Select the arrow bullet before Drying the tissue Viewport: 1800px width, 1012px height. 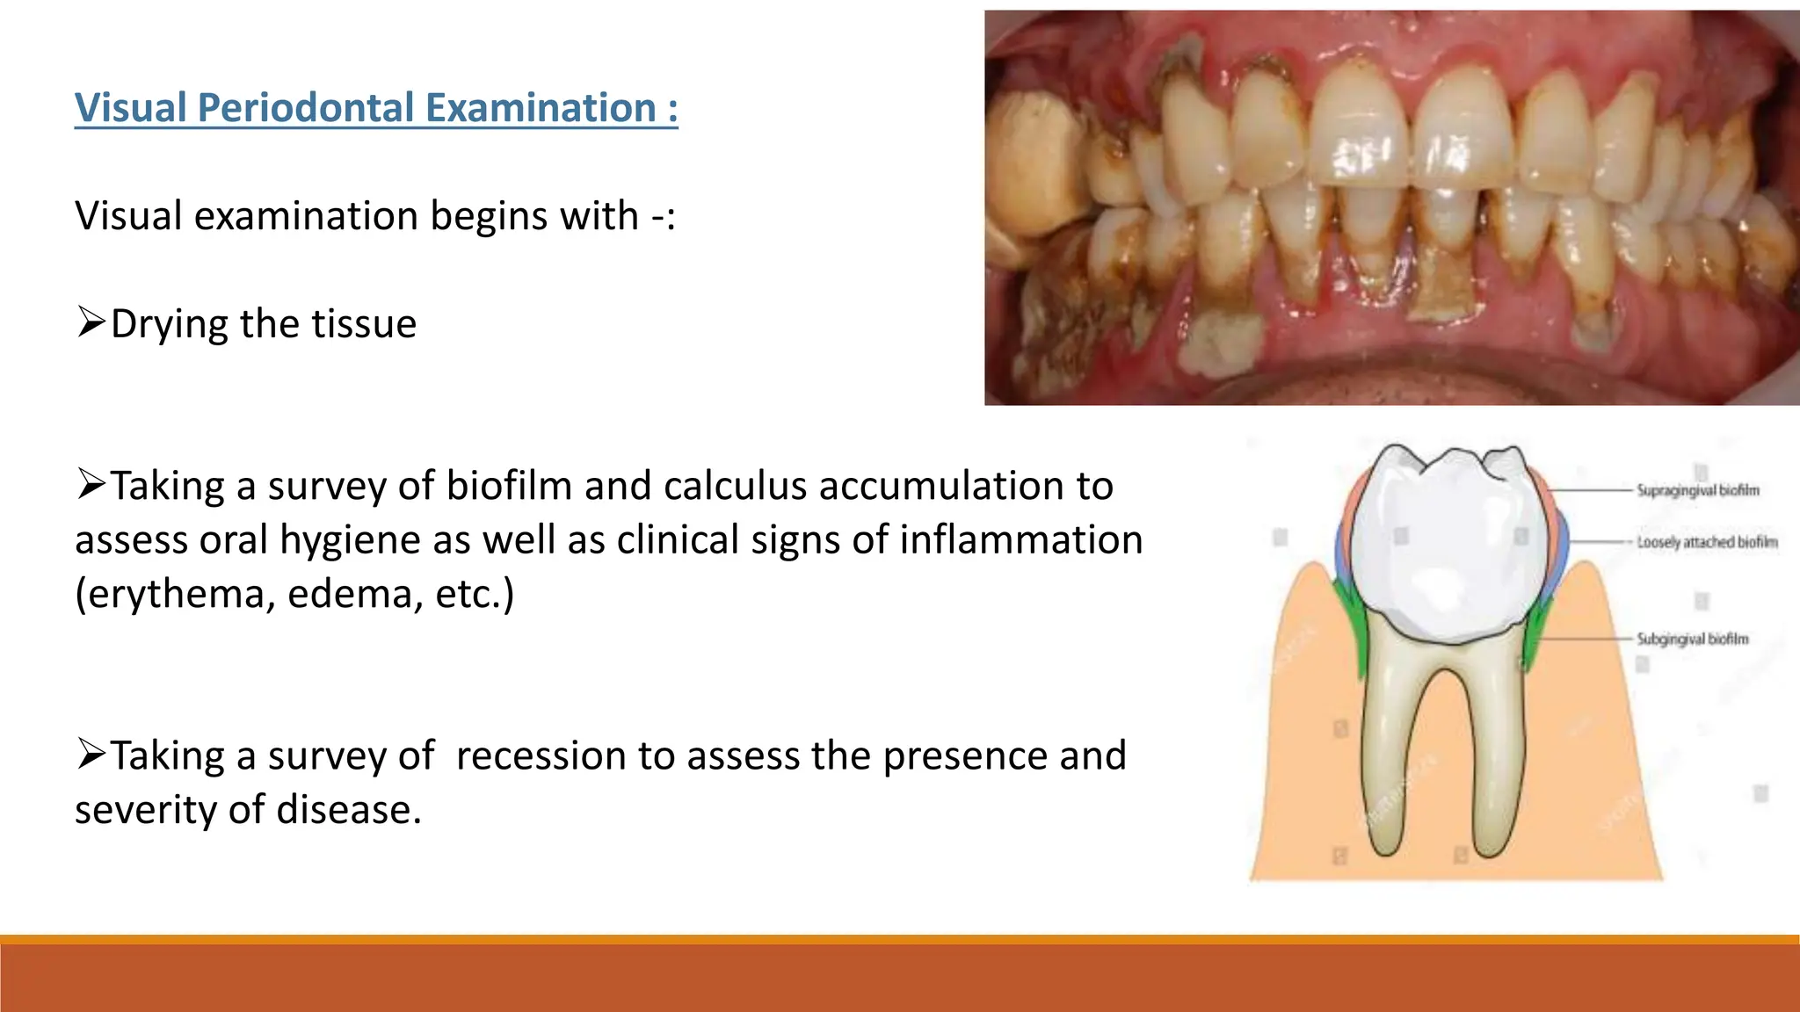tap(91, 322)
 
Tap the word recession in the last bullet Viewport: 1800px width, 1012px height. tap(541, 756)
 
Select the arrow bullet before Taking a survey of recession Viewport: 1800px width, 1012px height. tap(91, 754)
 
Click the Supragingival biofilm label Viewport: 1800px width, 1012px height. tap(1697, 490)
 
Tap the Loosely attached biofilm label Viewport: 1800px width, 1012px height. tap(1706, 543)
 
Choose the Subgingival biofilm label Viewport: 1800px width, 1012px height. tap(1692, 640)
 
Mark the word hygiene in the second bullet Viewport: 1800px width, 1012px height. tap(349, 540)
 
